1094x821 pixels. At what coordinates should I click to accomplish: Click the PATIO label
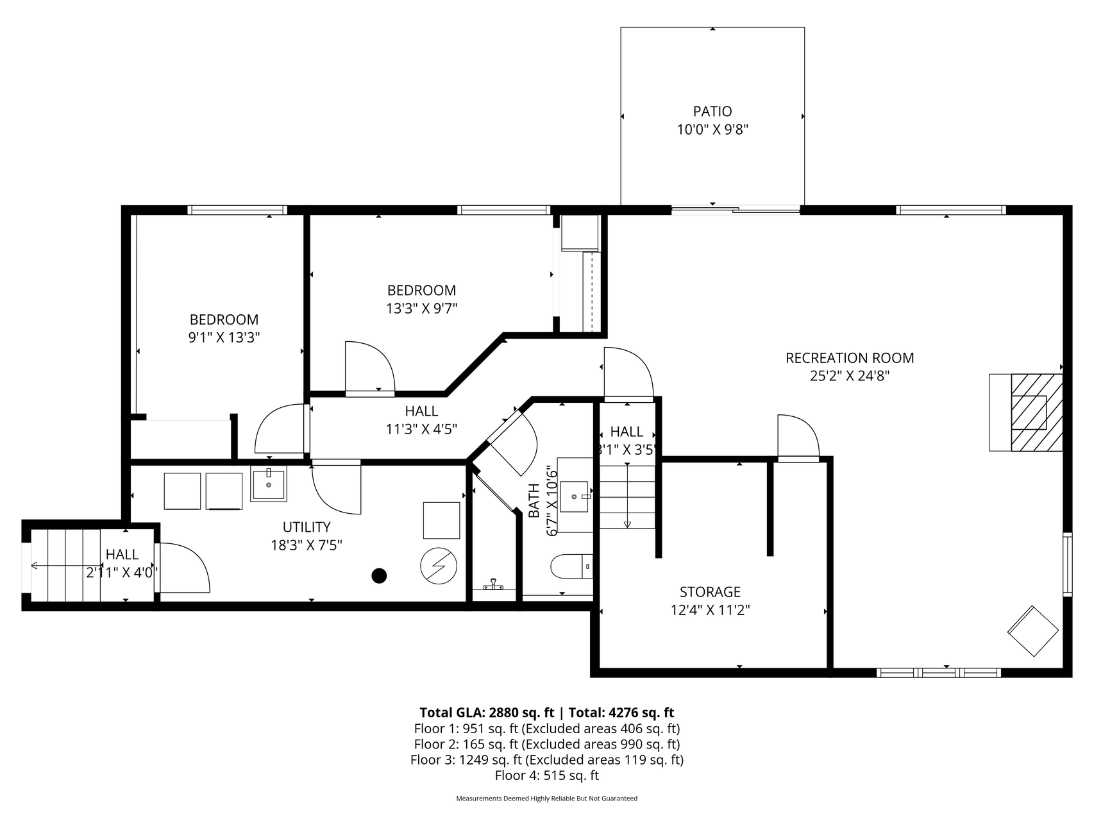point(712,112)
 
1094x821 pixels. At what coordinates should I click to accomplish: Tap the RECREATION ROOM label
point(850,358)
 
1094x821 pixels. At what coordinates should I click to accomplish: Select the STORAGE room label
point(710,592)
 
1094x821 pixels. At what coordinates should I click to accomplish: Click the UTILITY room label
point(307,527)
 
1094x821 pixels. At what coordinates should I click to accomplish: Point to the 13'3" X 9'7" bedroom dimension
point(421,309)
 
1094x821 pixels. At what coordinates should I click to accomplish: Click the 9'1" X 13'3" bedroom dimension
point(224,338)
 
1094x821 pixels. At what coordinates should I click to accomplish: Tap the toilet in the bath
point(571,566)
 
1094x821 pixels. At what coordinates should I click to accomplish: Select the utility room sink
point(268,484)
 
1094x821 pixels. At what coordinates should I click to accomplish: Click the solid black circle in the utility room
point(380,576)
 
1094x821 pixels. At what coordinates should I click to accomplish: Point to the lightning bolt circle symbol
point(439,566)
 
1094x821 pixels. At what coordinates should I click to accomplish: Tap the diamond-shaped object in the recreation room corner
point(1033,631)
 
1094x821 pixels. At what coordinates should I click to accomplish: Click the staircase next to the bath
point(627,496)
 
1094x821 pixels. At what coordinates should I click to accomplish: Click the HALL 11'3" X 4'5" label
point(421,420)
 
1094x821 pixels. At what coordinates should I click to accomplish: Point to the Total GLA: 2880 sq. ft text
point(487,713)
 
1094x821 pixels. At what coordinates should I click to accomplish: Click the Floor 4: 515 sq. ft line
point(546,775)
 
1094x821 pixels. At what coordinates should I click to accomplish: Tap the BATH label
point(534,501)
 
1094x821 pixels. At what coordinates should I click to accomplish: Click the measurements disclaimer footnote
point(546,799)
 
